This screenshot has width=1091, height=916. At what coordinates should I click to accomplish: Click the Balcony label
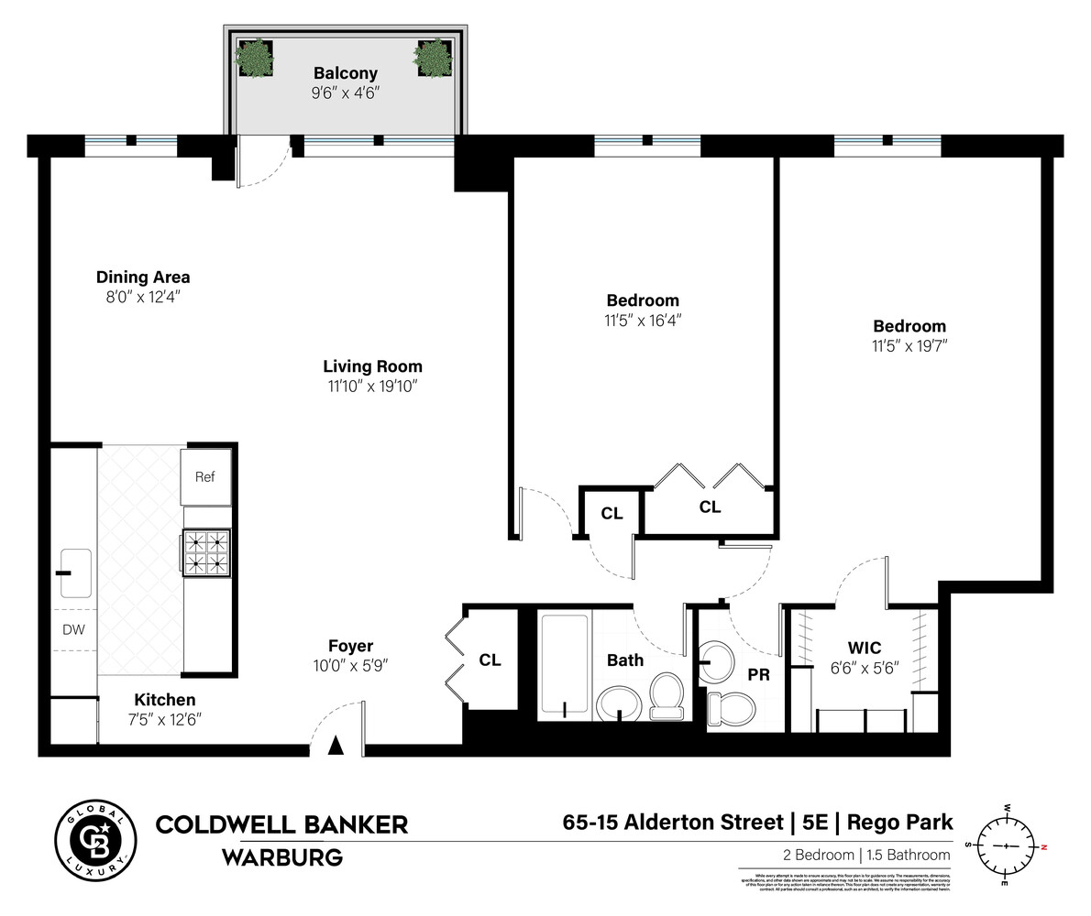coord(345,73)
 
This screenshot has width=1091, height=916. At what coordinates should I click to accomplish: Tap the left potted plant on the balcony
coord(254,58)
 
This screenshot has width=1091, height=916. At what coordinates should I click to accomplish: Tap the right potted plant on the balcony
coord(432,58)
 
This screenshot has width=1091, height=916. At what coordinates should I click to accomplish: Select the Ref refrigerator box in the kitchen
coord(205,476)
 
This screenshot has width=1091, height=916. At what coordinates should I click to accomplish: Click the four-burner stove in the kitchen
coord(205,552)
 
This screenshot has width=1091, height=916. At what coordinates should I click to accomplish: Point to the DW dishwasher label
coord(73,629)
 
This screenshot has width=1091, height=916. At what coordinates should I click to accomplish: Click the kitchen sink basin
coord(75,572)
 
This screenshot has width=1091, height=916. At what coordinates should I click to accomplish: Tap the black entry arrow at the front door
coord(336,746)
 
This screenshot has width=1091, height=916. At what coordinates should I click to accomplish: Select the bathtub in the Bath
coord(564,665)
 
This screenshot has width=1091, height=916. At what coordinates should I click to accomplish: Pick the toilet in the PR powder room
coord(731,708)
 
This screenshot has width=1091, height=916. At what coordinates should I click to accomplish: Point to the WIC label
coord(864,649)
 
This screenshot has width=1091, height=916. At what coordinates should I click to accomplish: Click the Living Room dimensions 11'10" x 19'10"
coord(372,387)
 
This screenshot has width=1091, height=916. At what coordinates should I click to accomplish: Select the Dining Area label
coord(143,277)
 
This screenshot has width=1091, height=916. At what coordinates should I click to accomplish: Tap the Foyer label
coord(351,646)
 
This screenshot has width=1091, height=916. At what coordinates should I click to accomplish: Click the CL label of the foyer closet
coord(490,660)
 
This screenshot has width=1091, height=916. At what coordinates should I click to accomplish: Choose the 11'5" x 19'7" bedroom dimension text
coord(909,346)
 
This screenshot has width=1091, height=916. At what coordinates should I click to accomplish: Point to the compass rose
coord(1007,845)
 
